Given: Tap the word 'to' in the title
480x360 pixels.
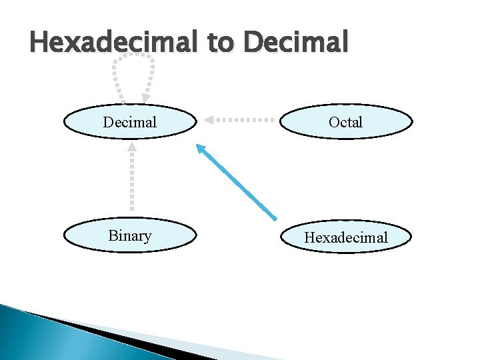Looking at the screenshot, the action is point(220,43).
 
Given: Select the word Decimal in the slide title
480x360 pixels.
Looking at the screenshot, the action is point(296,43).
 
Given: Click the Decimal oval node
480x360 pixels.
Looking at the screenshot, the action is point(130,122).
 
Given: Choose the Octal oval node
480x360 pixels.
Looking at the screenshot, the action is point(345,122).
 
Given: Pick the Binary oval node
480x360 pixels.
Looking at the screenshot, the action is point(130,236).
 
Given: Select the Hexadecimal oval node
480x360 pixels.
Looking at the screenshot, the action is point(345,237).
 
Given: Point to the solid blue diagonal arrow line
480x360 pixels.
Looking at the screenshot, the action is point(240,185).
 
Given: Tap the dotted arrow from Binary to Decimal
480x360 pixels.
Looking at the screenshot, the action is point(132,180).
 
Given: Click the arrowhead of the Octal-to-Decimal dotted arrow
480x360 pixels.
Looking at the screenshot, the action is point(209,120).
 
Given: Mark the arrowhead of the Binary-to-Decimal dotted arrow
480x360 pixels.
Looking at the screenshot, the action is point(132,147).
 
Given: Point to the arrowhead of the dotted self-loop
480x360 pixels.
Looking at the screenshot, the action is point(145,97).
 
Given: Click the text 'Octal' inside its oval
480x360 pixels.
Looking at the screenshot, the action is point(345,122).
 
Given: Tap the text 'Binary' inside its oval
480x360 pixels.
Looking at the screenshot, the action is point(130,236).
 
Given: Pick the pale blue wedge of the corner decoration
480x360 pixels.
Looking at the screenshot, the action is point(200,347).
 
